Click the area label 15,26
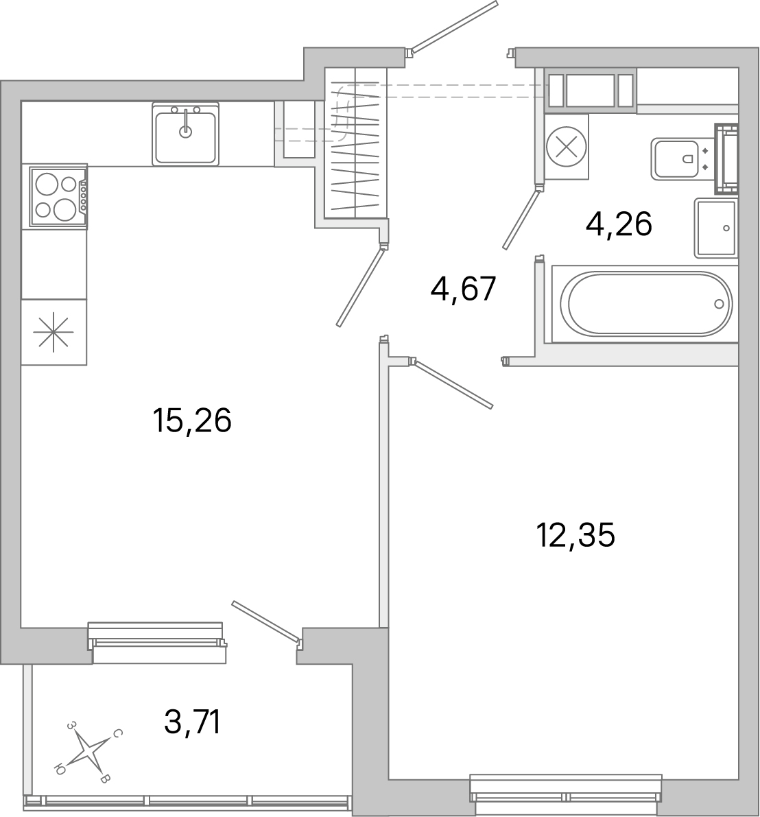coord(192,421)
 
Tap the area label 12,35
coord(575,535)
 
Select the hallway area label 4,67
coord(462,288)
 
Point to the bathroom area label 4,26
coord(618,224)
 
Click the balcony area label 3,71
coord(193,722)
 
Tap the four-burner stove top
coord(56,196)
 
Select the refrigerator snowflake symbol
coord(54,332)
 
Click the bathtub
coord(645,304)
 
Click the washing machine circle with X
coord(566,147)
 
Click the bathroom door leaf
coord(521,219)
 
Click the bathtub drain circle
coord(719,304)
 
